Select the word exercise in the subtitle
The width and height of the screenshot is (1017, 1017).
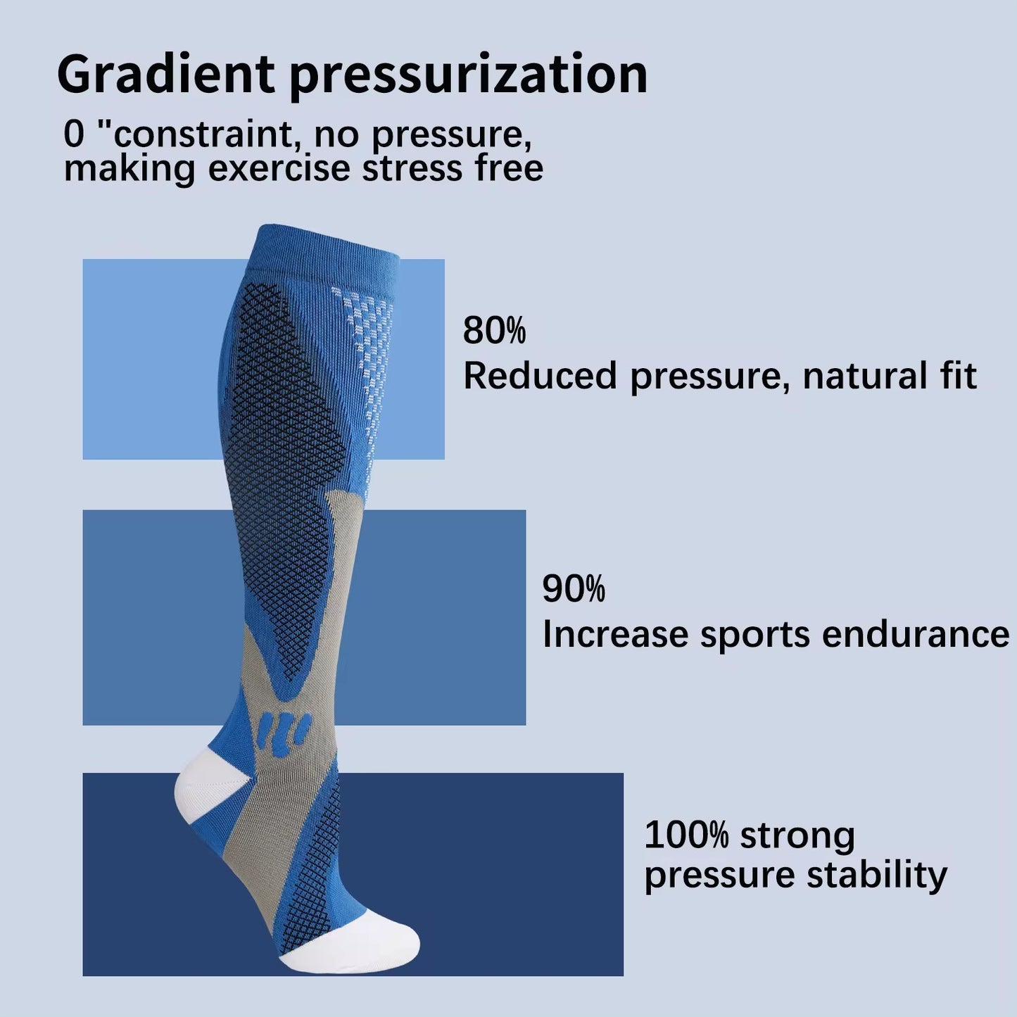(x=279, y=169)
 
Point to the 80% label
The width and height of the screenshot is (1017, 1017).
(x=494, y=330)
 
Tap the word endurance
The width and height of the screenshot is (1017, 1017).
(x=916, y=634)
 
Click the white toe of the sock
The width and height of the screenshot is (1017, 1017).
(x=366, y=940)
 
